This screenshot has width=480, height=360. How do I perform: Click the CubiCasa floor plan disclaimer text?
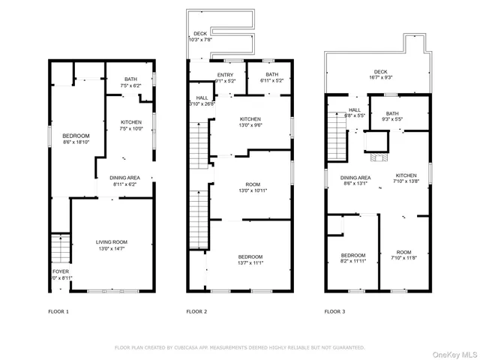click(239, 347)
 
